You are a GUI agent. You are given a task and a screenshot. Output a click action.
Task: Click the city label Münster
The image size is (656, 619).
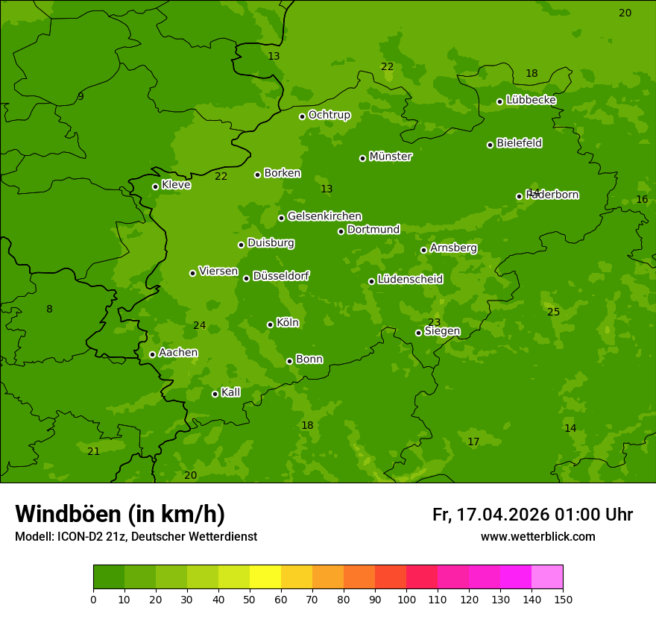coord(390,157)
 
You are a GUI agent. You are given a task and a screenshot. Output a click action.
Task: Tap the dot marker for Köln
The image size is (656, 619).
coord(270,324)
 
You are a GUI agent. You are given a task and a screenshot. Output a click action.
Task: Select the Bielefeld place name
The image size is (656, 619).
coord(519,143)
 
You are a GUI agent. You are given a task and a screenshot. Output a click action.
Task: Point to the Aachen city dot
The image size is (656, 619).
coord(152,354)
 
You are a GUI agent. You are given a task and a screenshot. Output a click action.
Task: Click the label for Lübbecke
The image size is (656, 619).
coord(531,100)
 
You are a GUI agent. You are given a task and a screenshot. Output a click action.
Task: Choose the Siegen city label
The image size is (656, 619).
coord(442,331)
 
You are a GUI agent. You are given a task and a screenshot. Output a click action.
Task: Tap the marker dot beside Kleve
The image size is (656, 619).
coord(155,186)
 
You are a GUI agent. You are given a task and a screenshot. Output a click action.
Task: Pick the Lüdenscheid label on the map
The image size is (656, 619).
coord(410,280)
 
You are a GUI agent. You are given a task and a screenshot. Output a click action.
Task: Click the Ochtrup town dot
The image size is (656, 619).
coord(302,116)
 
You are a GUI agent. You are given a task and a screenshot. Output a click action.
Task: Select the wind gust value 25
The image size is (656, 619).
coord(553,312)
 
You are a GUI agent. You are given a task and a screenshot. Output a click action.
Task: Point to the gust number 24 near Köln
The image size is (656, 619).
coord(199,325)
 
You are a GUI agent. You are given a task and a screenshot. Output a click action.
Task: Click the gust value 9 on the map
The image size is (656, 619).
coord(81,96)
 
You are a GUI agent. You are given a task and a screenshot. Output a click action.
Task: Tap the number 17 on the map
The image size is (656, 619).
coord(473,442)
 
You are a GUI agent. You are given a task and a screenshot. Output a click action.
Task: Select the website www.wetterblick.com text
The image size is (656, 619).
coord(537,536)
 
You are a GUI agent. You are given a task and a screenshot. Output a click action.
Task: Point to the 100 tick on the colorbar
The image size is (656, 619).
coord(406,599)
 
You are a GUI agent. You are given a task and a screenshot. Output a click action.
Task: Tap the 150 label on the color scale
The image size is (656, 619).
coord(563,599)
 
